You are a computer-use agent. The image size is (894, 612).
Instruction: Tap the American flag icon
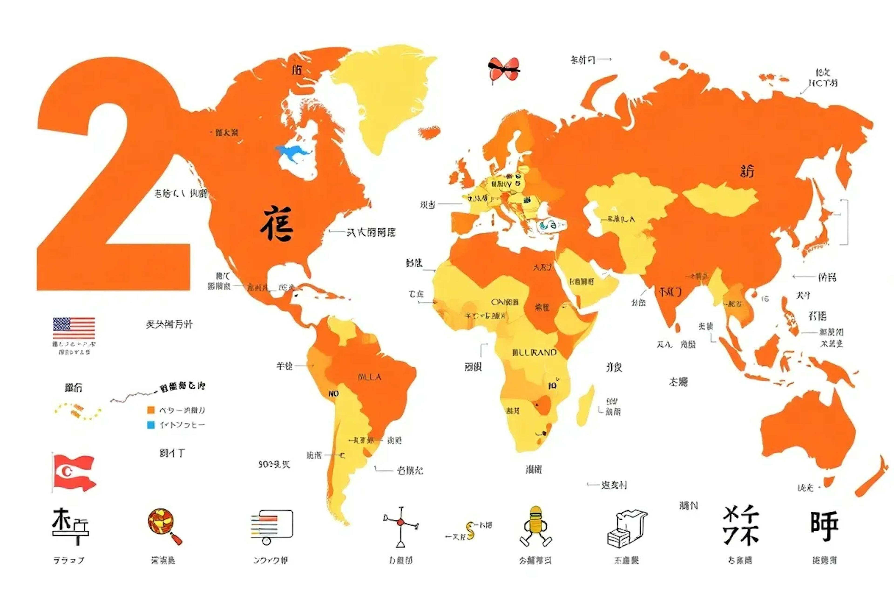(x=74, y=328)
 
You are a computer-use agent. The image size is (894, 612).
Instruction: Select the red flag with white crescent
(x=74, y=473)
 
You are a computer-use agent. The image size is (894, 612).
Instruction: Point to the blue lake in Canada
(x=292, y=152)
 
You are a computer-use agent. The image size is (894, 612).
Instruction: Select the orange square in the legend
(x=151, y=410)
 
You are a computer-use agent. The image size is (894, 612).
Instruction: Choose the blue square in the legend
(x=151, y=425)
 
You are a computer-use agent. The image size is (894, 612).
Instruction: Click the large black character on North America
(x=277, y=223)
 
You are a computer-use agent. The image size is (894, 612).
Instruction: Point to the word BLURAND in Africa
(x=535, y=352)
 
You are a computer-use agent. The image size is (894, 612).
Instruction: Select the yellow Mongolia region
(x=719, y=198)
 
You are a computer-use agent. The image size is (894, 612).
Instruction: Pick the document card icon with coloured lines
(x=272, y=525)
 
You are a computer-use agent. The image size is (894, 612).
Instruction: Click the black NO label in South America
(x=334, y=394)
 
